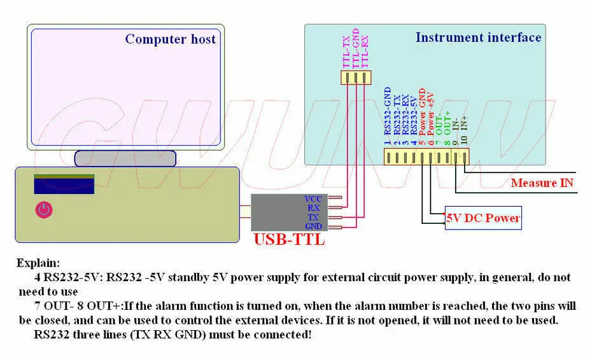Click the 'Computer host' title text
[170, 39]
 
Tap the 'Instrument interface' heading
[478, 38]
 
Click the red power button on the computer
[44, 209]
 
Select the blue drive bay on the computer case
[64, 184]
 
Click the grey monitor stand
[125, 158]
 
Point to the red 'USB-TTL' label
[289, 240]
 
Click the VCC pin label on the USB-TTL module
[313, 199]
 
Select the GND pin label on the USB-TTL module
[313, 226]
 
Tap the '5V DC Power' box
[483, 218]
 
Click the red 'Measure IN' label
[542, 183]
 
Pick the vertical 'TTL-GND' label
[356, 48]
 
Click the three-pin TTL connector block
[356, 78]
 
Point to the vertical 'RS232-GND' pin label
[388, 111]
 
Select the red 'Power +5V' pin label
[430, 114]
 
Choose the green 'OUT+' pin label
[448, 123]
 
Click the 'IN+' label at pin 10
[465, 123]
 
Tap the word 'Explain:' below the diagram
[38, 263]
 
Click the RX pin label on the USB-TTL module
[313, 208]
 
